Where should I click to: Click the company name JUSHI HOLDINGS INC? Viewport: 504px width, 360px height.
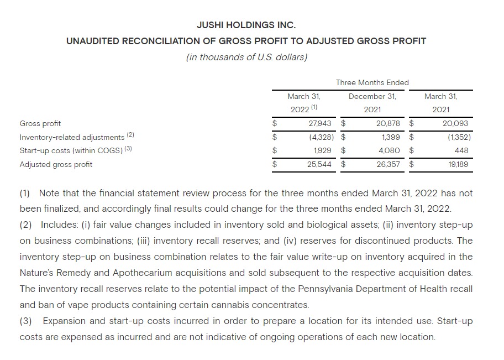246,25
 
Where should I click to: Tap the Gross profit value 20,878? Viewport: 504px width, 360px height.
387,123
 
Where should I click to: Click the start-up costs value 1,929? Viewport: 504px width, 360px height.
322,150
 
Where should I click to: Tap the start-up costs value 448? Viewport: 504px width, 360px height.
461,150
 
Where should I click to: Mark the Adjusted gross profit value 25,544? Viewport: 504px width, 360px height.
319,164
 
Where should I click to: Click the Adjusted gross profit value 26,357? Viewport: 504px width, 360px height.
387,164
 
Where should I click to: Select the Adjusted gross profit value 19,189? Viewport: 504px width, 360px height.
456,164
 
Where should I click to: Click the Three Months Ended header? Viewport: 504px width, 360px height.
372,82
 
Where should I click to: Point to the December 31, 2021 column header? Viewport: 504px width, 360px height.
372,103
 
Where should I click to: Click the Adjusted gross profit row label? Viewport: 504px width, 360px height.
56,164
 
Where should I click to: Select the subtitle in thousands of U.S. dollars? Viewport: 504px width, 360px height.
246,57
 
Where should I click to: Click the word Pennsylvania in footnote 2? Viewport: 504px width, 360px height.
327,289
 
